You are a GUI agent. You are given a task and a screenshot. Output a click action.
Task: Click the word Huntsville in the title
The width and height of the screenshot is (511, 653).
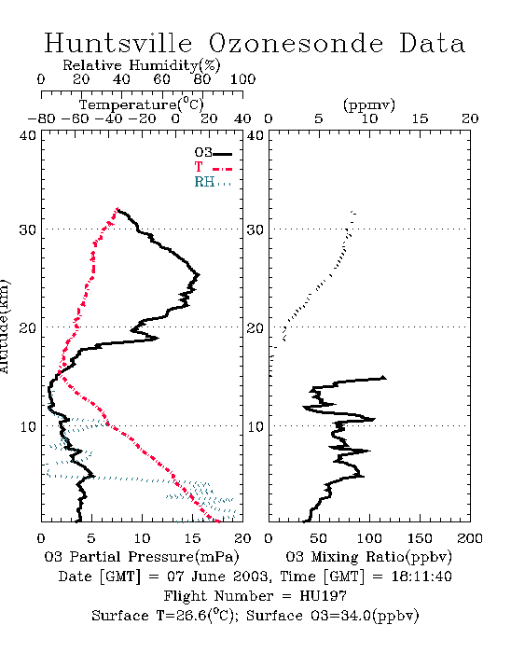[x=118, y=43]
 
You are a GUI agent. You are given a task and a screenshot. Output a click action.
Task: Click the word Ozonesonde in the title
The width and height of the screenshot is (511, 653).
[x=296, y=43]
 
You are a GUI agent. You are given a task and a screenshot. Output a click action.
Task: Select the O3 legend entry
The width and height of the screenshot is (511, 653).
[x=213, y=153]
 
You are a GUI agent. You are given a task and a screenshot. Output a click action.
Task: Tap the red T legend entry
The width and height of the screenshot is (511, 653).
[x=213, y=167]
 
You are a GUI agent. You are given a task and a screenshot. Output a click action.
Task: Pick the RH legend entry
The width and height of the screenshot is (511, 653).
[x=213, y=182]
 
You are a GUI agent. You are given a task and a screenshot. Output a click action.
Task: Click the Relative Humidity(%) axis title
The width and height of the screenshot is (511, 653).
[x=142, y=65]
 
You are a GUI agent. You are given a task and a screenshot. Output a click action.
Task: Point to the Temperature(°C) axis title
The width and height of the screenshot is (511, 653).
[x=142, y=104]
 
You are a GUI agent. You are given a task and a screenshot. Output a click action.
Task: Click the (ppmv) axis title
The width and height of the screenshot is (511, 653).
[x=369, y=104]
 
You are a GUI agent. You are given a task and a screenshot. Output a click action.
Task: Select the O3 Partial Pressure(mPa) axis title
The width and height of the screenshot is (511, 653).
[x=142, y=557]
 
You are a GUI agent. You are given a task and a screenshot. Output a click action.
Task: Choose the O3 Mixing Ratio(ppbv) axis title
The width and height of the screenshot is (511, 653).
[x=368, y=557]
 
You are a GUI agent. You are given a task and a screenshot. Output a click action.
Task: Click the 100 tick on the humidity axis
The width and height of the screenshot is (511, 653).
[x=242, y=79]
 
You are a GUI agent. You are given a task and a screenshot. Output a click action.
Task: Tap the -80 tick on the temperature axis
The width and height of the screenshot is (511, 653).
[x=41, y=118]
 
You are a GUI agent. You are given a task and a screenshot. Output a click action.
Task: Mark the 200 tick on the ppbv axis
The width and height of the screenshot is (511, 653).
[x=470, y=538]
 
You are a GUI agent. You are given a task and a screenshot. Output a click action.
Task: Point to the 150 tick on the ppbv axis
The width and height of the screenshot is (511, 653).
[x=420, y=538]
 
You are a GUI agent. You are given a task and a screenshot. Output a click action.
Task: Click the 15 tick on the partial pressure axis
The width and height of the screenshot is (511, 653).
[x=193, y=538]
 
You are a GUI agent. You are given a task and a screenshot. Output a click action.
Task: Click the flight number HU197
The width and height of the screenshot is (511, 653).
[x=323, y=596]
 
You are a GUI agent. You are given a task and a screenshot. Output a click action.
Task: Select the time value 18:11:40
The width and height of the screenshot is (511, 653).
[x=421, y=577]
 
